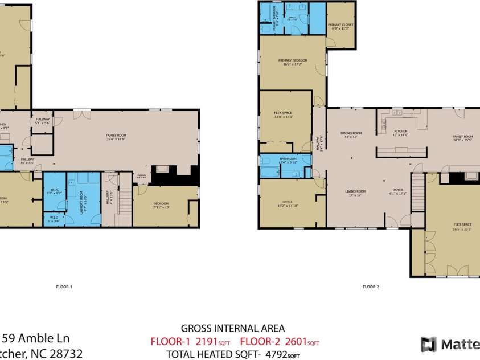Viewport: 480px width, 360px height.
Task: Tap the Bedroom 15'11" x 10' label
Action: click(161, 205)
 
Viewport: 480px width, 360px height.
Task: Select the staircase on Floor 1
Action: click(124, 199)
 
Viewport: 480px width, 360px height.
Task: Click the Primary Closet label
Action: click(340, 26)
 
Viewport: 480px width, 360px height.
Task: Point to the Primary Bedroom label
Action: click(293, 62)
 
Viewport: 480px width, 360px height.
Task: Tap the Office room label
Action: click(287, 203)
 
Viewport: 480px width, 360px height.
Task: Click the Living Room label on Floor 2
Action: click(356, 193)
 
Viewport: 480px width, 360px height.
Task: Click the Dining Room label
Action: click(351, 134)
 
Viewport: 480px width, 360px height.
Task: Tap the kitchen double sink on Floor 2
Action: click(397, 113)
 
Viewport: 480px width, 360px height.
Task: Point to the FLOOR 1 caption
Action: click(64, 287)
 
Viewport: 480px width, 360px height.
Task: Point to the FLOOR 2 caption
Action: click(371, 287)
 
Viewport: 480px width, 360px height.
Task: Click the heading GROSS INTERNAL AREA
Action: click(232, 329)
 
